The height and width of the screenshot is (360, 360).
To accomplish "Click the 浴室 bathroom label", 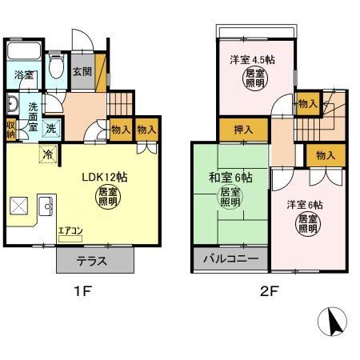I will tap(23, 75).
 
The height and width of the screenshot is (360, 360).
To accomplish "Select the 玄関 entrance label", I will tap(82, 72).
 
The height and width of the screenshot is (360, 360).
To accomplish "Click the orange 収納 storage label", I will tap(10, 128).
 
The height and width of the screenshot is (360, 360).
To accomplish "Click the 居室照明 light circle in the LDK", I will tap(108, 198).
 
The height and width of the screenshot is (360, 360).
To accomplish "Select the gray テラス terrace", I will tap(94, 261).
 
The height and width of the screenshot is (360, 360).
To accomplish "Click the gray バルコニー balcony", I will tap(230, 260).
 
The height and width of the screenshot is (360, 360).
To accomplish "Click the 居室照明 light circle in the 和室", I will tap(230, 198).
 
